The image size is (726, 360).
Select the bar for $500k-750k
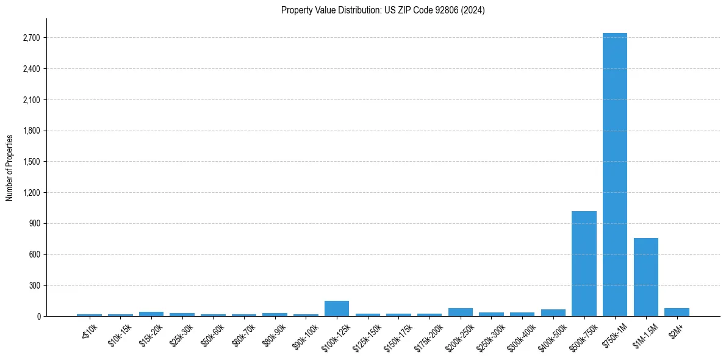coord(584,264)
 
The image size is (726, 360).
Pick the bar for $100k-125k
coord(337,309)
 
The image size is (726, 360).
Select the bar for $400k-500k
coord(553,313)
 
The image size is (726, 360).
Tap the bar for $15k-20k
coord(151,314)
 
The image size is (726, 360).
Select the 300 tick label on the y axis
coord(34,286)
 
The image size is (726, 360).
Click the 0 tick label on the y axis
coord(38,316)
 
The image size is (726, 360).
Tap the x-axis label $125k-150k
coord(367,335)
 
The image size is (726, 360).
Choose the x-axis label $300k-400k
coord(522,335)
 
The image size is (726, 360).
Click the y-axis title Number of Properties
coord(10,167)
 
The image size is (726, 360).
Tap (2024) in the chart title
coord(473,10)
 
